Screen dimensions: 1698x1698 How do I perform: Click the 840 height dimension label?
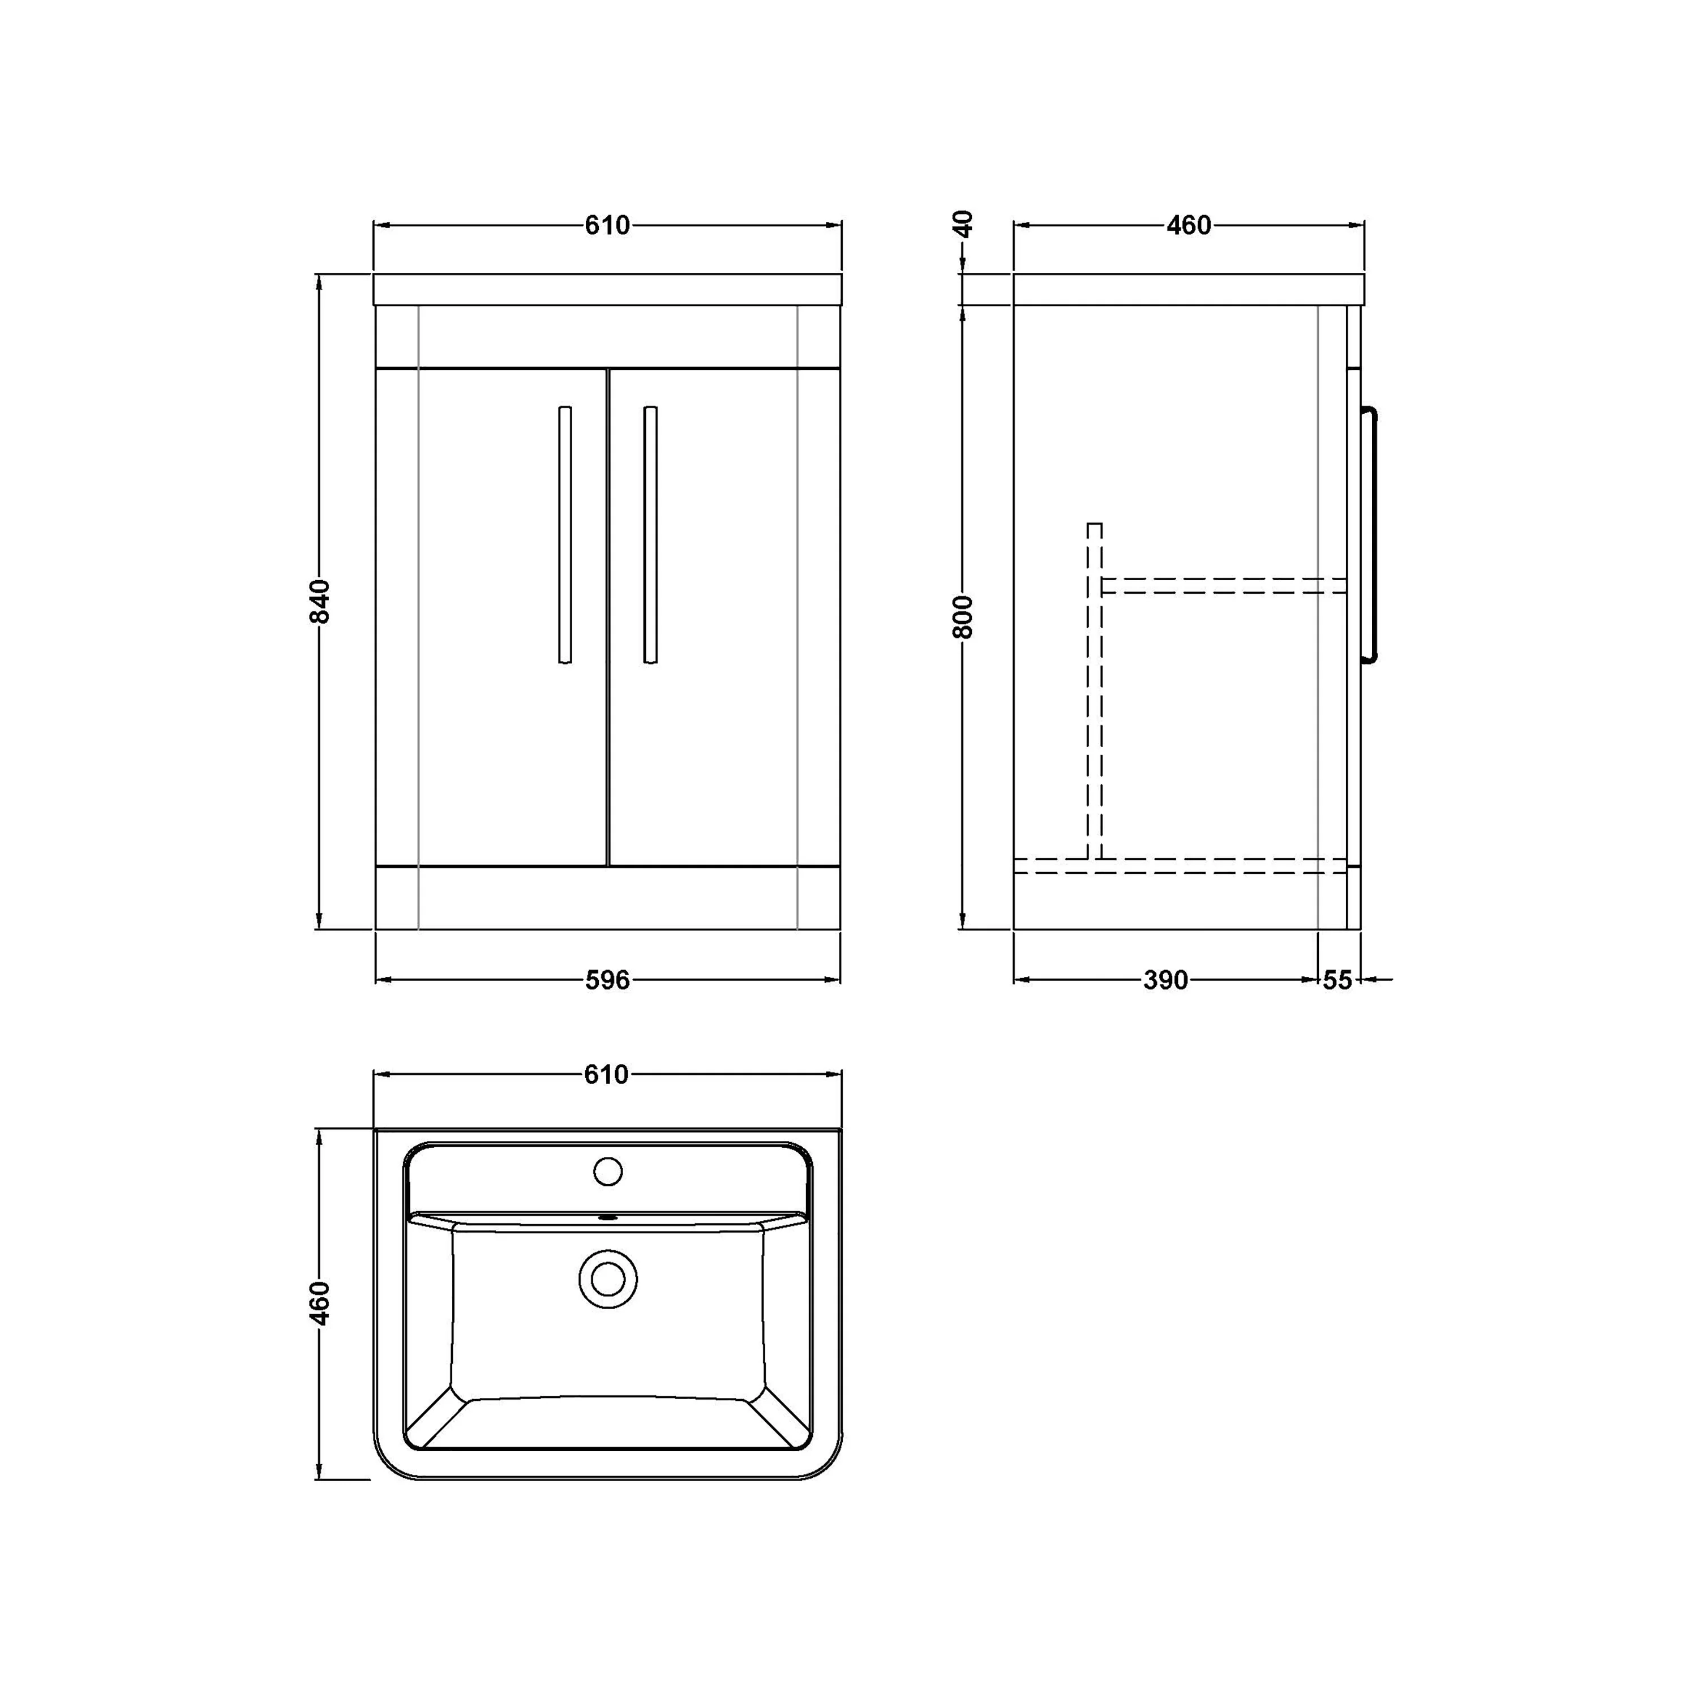tap(320, 601)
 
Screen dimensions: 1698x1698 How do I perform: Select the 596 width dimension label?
tap(607, 980)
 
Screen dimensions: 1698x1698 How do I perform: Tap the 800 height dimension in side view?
tap(963, 616)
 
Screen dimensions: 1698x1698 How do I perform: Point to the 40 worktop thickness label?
tap(963, 224)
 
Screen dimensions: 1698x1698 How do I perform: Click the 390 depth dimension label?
tap(1165, 980)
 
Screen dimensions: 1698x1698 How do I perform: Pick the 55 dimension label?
tap(1337, 980)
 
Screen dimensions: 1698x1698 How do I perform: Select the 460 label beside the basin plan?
tap(320, 1303)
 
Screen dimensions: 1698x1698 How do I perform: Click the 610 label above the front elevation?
tap(607, 226)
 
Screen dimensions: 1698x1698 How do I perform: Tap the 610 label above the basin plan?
tap(606, 1075)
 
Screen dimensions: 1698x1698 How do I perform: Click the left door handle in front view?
tap(565, 534)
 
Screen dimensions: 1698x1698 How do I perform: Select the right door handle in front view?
tap(650, 534)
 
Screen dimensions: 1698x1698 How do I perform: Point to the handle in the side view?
tap(1369, 534)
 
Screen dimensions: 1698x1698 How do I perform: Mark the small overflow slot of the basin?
tap(607, 1218)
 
